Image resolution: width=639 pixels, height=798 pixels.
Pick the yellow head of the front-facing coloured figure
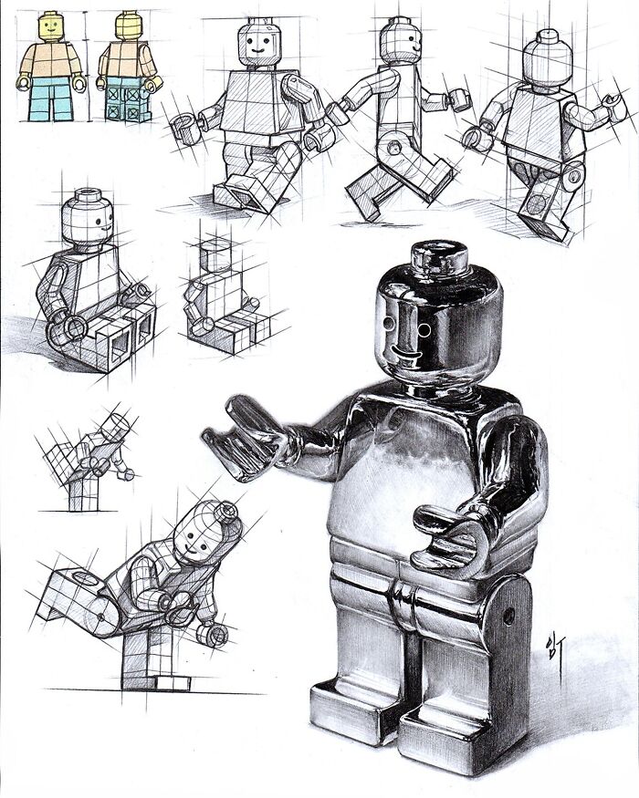50,27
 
